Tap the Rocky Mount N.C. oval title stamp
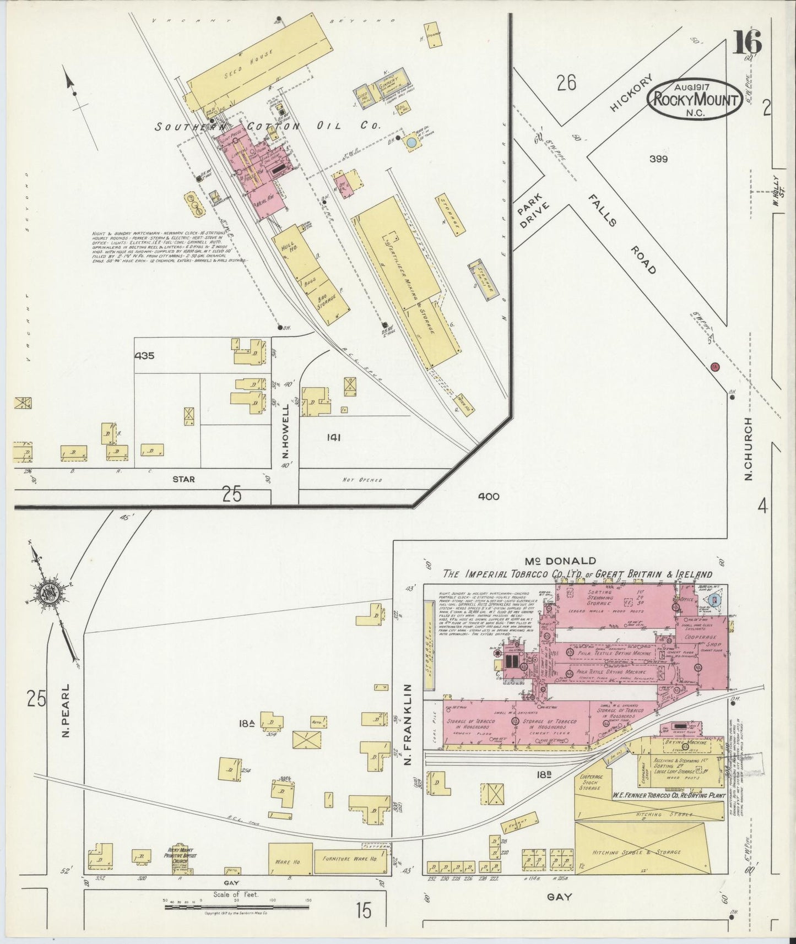[x=695, y=99]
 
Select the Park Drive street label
[x=530, y=211]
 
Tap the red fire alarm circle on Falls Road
[x=715, y=366]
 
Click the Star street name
[x=183, y=479]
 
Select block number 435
[x=145, y=356]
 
